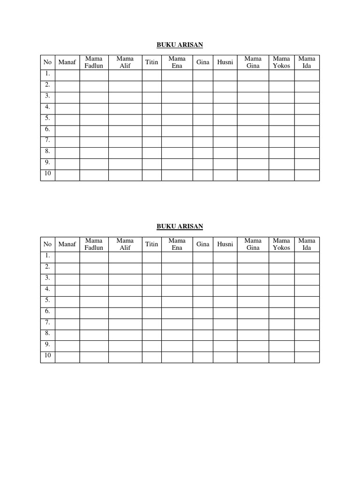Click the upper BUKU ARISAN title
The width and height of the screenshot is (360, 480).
click(180, 45)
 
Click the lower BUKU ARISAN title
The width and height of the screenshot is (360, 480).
click(180, 226)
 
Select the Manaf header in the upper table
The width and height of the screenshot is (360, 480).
click(67, 62)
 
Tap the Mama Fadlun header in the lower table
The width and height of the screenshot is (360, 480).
click(94, 244)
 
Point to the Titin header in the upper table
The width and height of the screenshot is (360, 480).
click(151, 62)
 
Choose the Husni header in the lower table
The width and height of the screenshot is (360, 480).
click(225, 244)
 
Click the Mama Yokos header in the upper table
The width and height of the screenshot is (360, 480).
click(282, 62)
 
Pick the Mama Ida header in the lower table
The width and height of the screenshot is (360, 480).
click(307, 244)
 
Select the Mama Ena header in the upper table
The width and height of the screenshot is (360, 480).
click(177, 62)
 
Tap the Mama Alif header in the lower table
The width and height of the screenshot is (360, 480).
click(125, 244)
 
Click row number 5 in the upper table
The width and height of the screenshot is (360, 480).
click(47, 118)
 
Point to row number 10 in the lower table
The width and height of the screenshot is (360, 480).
click(47, 356)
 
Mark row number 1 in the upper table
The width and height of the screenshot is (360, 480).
click(47, 74)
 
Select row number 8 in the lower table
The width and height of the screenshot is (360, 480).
click(47, 333)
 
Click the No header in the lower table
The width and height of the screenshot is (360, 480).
click(47, 244)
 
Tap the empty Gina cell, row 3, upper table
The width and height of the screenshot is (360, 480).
click(203, 97)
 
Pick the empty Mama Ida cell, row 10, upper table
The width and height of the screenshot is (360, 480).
click(307, 175)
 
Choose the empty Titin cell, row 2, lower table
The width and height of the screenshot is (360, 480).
click(151, 268)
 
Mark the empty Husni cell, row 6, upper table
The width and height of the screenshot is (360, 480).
click(225, 131)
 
